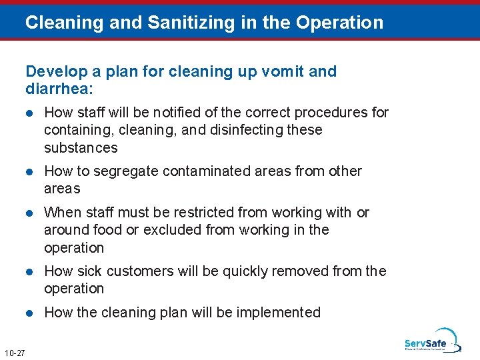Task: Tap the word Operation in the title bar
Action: tap(339, 23)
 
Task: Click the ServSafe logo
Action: tap(432, 341)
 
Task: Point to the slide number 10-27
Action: tap(14, 353)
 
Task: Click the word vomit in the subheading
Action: tap(265, 71)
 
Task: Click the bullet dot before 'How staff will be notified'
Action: tap(29, 113)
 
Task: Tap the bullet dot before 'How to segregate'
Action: tap(29, 171)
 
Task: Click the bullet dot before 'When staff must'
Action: tap(29, 213)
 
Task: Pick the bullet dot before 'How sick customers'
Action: tap(29, 271)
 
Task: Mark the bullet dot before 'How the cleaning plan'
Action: tap(29, 313)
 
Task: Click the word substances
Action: tap(81, 147)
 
